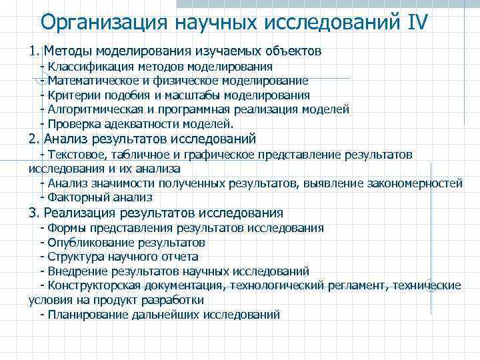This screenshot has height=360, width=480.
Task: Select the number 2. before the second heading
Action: (35, 139)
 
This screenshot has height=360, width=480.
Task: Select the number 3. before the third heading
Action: (35, 213)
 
